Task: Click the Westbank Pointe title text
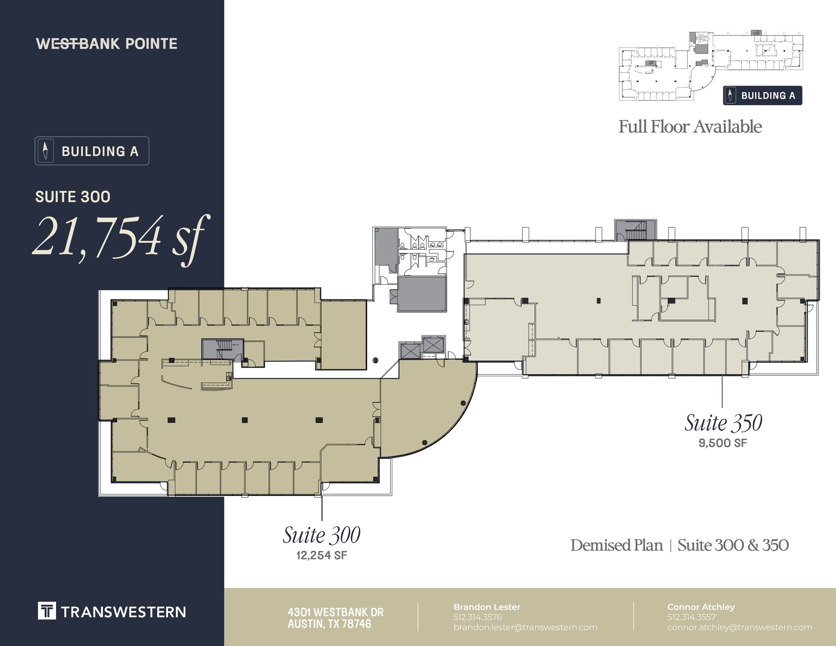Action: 107,44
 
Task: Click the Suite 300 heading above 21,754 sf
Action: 73,197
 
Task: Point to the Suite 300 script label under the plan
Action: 321,535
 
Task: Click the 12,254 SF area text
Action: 321,555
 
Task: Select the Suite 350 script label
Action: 723,423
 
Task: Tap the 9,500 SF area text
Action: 723,443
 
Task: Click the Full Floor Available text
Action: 690,127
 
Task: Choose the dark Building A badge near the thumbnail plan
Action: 762,96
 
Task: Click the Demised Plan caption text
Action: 616,545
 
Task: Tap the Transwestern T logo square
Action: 47,611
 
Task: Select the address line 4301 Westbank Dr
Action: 336,613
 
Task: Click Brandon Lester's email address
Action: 525,628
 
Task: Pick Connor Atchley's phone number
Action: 691,617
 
